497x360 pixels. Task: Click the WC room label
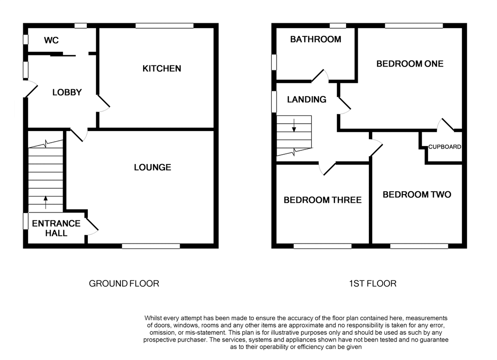click(51, 40)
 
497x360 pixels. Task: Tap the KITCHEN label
click(162, 68)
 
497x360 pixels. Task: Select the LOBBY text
click(67, 92)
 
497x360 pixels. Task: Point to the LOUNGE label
click(152, 167)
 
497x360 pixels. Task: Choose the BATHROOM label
click(315, 39)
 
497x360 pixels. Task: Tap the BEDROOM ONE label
click(410, 64)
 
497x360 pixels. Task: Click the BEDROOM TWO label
click(416, 195)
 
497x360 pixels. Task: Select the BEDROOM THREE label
click(322, 200)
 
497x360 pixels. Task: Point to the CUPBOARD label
click(444, 147)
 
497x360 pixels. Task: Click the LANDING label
click(306, 99)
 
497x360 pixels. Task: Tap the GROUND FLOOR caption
click(124, 283)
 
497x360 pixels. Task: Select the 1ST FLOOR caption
click(372, 283)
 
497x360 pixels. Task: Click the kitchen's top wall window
click(164, 26)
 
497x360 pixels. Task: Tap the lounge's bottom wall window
click(151, 246)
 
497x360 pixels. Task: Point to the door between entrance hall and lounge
click(91, 225)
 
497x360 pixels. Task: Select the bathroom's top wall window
click(338, 26)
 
